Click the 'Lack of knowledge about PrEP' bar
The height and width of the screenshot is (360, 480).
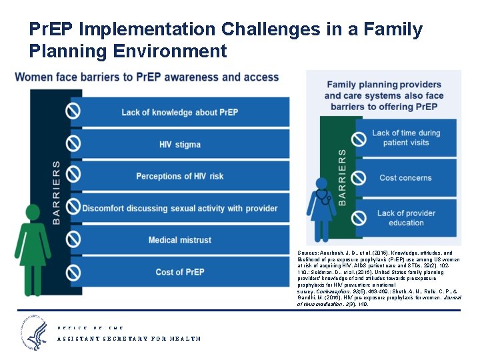click(179, 112)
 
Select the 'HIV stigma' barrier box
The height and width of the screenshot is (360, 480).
click(179, 144)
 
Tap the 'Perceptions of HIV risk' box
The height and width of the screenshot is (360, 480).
click(179, 176)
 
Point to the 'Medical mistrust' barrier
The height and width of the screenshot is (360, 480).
click(179, 240)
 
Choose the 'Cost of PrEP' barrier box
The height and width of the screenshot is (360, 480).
click(179, 272)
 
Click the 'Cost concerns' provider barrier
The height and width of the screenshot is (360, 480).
click(405, 178)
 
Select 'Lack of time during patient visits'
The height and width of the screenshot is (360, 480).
click(405, 137)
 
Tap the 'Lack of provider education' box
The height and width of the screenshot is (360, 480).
click(405, 218)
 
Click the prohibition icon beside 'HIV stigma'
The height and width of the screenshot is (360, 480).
click(73, 143)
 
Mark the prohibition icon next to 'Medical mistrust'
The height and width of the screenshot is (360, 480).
click(73, 239)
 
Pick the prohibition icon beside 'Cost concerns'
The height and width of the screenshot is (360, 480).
click(359, 178)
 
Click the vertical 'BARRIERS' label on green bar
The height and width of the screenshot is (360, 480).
click(342, 176)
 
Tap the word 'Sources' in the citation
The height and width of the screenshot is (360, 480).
click(309, 253)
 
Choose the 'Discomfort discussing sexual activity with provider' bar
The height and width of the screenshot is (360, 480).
click(179, 208)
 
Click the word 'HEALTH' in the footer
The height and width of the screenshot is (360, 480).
click(185, 339)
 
